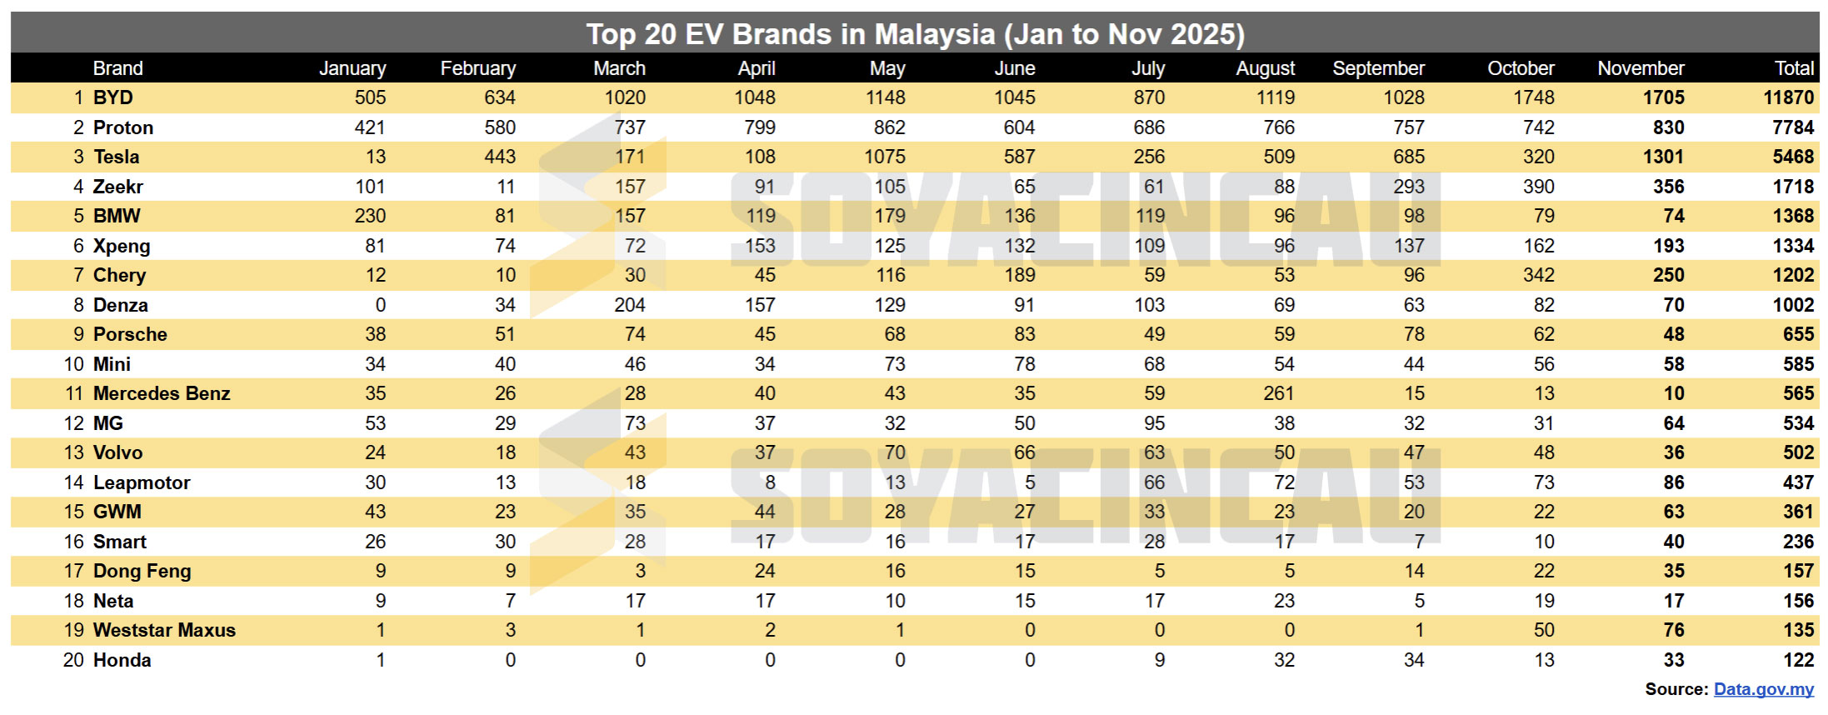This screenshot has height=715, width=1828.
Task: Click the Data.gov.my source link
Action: pyautogui.click(x=1763, y=689)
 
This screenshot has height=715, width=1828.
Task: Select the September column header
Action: pyautogui.click(x=1378, y=68)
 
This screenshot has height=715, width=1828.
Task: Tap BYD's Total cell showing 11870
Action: pyautogui.click(x=1788, y=97)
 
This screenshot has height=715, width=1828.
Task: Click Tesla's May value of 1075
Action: pyautogui.click(x=885, y=157)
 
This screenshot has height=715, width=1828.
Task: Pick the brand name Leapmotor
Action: pyautogui.click(x=142, y=482)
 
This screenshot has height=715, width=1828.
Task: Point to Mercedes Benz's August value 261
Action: pyautogui.click(x=1278, y=393)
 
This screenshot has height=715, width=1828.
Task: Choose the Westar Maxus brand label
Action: pyautogui.click(x=164, y=630)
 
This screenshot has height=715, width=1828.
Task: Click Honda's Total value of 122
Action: pyautogui.click(x=1798, y=660)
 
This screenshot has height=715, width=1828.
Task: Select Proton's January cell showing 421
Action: pyautogui.click(x=370, y=127)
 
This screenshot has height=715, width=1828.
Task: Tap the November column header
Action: pyautogui.click(x=1641, y=68)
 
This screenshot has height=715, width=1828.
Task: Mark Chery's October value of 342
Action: pyautogui.click(x=1538, y=275)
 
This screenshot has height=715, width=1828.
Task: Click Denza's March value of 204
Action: pyautogui.click(x=630, y=305)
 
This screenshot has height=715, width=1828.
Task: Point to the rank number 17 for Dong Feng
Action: pyautogui.click(x=74, y=571)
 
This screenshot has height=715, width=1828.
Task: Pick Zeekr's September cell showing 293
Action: pyautogui.click(x=1409, y=187)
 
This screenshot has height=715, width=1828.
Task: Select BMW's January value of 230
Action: pyautogui.click(x=370, y=216)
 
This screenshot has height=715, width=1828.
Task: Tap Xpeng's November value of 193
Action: pyautogui.click(x=1668, y=246)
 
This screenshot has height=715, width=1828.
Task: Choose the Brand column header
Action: pyautogui.click(x=117, y=68)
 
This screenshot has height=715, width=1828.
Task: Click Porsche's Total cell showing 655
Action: pyautogui.click(x=1798, y=334)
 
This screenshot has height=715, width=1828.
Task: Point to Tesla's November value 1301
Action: pyautogui.click(x=1663, y=157)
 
